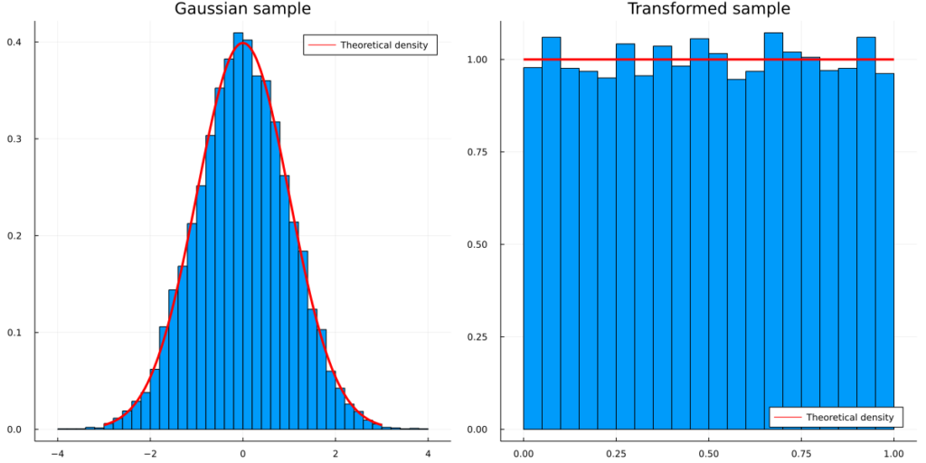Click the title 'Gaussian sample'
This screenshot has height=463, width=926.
pos(242,9)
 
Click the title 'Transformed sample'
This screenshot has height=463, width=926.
pos(709,9)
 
